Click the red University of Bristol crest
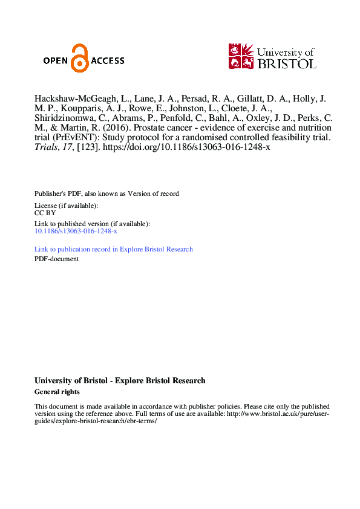[x=240, y=56]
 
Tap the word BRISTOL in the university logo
[x=287, y=63]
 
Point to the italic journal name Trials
[x=46, y=148]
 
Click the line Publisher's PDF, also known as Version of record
[x=106, y=193]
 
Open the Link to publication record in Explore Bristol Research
[x=114, y=249]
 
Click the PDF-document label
[x=56, y=259]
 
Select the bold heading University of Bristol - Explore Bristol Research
[x=120, y=381]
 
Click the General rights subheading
[x=57, y=392]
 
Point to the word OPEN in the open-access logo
[x=56, y=60]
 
